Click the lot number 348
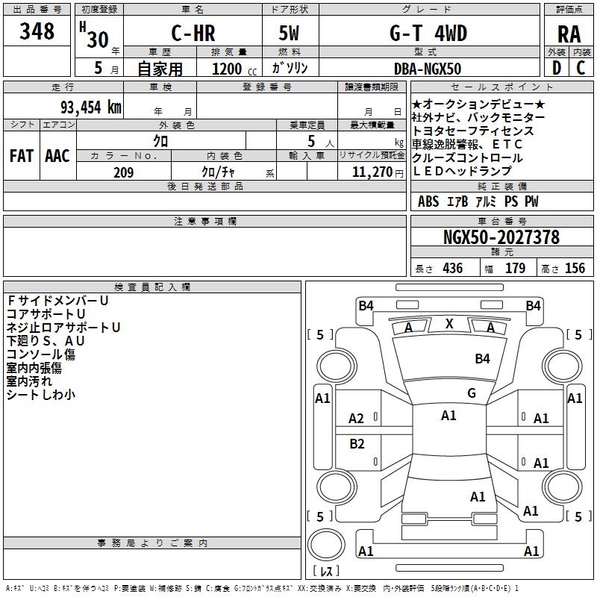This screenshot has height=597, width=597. click(37, 31)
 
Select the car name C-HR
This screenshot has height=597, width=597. click(193, 33)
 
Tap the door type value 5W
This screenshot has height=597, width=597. click(289, 33)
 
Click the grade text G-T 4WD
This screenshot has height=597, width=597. click(428, 33)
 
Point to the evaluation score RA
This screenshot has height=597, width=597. click(569, 34)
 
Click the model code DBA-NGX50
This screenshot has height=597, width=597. click(428, 69)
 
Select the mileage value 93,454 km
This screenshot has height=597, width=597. click(91, 107)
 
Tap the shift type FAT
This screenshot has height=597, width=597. click(22, 156)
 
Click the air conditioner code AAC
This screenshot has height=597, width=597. click(57, 156)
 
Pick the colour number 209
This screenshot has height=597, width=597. click(123, 172)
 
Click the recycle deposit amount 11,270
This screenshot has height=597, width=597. click(372, 172)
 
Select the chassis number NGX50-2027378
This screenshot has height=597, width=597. click(501, 237)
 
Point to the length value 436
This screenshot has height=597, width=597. click(453, 269)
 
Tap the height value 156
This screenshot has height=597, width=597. click(575, 269)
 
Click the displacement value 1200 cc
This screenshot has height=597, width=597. click(234, 69)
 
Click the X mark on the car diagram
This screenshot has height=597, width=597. click(449, 324)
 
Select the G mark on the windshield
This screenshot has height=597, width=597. click(472, 393)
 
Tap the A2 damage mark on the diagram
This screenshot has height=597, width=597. click(356, 419)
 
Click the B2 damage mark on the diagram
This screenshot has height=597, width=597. click(357, 444)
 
